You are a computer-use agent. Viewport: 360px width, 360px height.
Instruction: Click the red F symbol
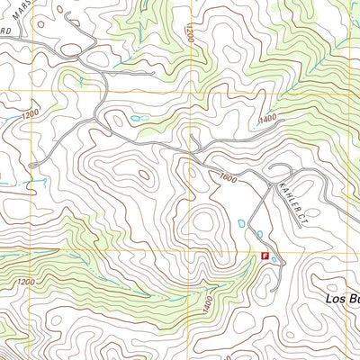tap(265, 256)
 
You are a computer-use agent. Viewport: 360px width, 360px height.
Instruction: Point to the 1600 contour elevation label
tap(227, 179)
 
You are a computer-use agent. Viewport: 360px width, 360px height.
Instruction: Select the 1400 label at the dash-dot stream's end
tap(266, 119)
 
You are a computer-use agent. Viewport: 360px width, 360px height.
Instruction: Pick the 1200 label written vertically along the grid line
tap(188, 32)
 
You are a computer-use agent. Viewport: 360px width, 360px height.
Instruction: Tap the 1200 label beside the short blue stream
tap(30, 114)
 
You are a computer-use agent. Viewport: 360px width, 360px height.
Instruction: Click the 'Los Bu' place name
tap(342, 299)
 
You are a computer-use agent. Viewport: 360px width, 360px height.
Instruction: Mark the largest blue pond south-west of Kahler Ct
tap(240, 223)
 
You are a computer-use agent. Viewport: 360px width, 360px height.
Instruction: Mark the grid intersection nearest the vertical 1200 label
tap(188, 91)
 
